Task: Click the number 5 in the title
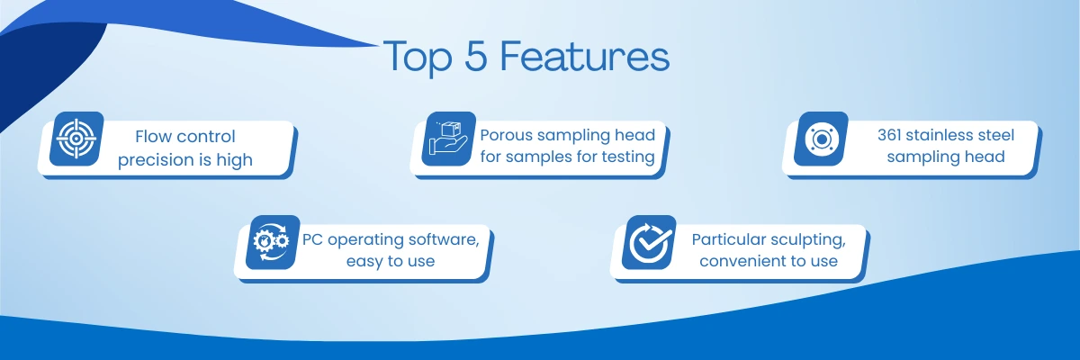[x=476, y=56]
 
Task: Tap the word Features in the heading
[x=585, y=56]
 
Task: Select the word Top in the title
[x=418, y=58]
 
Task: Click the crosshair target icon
[x=76, y=139]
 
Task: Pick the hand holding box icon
[x=448, y=139]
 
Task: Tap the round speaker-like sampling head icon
[x=821, y=139]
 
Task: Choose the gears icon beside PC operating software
[x=272, y=242]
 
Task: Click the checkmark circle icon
[x=650, y=242]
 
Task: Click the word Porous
[x=506, y=135]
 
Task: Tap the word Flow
[x=150, y=137]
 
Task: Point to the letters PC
[x=312, y=239]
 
